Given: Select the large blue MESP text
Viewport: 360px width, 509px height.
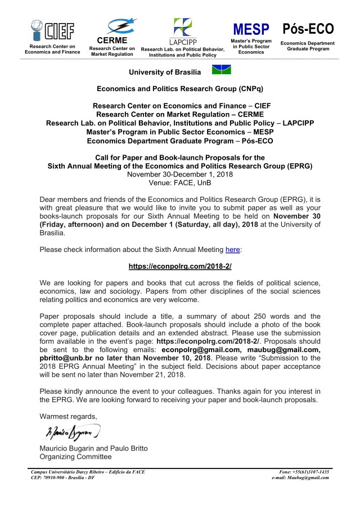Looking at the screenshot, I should (251, 29).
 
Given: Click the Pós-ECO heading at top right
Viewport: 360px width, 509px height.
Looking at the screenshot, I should (308, 28).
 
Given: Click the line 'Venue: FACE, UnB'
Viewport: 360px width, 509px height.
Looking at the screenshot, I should (180, 183).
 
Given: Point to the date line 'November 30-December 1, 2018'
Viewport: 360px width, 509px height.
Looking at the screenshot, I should (180, 174).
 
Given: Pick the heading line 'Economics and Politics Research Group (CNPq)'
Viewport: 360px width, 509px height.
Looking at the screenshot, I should (180, 89).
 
